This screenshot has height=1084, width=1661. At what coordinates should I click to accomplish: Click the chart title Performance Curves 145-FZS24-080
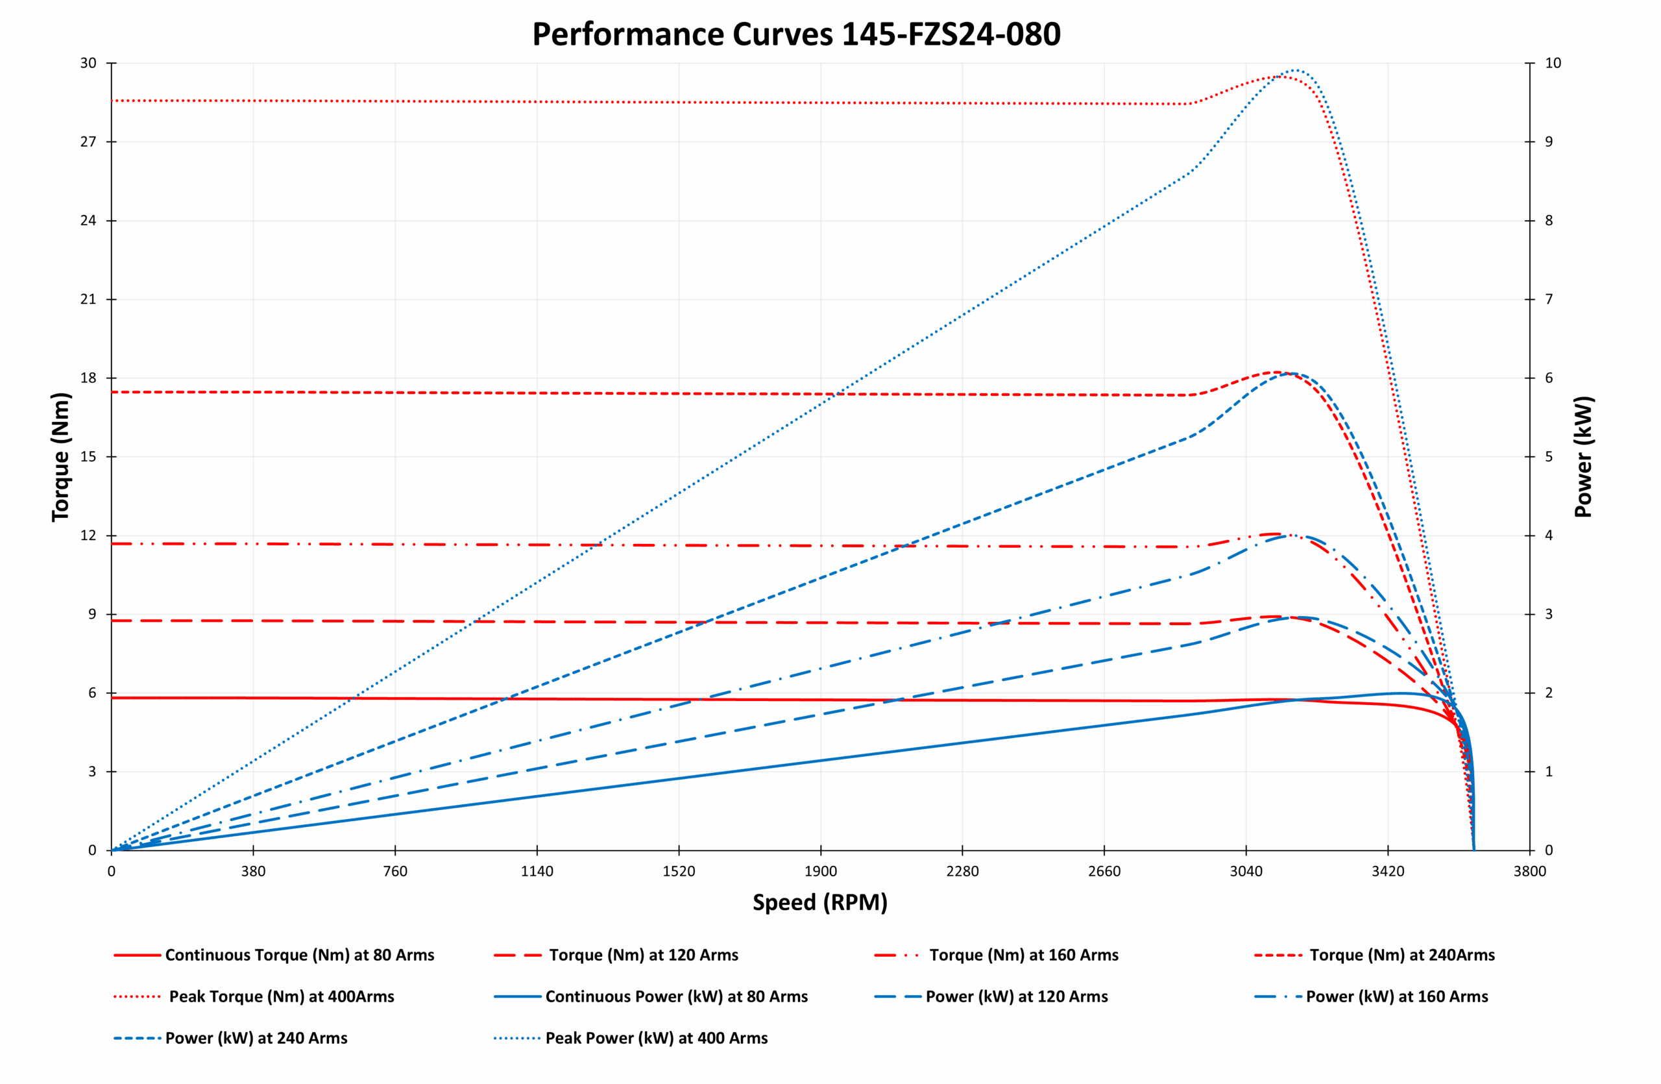point(795,34)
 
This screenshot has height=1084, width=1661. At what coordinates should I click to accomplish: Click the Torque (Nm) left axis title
point(62,456)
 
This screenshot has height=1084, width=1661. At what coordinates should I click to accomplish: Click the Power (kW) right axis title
point(1583,456)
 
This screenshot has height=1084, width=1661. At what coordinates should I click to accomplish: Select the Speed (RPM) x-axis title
point(820,902)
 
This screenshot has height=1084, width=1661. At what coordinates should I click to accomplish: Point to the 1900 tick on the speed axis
point(821,871)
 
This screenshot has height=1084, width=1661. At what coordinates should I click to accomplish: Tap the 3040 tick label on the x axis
point(1246,871)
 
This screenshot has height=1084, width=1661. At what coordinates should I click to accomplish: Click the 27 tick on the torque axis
point(88,142)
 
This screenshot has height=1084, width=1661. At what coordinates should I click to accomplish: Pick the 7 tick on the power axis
point(1549,299)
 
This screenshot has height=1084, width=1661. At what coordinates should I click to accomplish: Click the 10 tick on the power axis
point(1552,63)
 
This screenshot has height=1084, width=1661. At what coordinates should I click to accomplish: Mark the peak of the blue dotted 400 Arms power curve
point(1294,70)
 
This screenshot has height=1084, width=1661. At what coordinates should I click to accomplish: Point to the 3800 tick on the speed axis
point(1530,871)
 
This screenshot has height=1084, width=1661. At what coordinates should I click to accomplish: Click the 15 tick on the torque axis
point(88,456)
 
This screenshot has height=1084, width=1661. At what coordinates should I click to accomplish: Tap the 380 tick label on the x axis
point(253,871)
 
